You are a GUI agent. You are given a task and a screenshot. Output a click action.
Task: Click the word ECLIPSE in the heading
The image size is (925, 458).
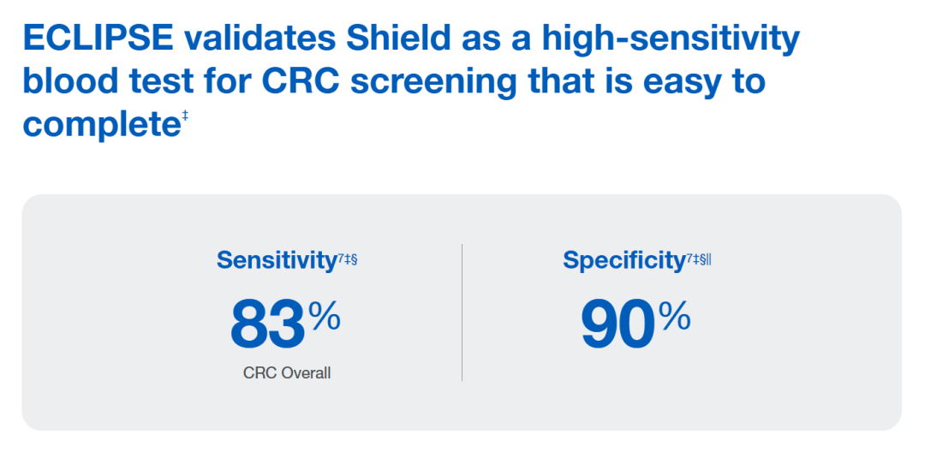point(98,39)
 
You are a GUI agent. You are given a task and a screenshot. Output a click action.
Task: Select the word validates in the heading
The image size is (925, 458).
point(260,39)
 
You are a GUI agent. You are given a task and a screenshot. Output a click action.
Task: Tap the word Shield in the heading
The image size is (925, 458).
point(397,39)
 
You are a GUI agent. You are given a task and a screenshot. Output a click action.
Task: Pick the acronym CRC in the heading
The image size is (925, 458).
point(301,82)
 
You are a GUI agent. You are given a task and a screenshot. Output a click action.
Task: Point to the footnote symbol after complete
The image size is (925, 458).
point(185,116)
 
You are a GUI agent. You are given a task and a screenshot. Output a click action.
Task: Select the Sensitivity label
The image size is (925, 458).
point(276,260)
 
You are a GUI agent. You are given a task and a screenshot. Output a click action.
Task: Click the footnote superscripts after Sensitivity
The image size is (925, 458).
point(347,259)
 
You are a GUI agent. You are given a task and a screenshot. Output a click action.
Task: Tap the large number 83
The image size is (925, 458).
point(267,324)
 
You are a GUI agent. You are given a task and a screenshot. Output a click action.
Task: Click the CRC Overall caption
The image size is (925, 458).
point(287,373)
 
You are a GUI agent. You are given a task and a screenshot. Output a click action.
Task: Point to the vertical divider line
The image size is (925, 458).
point(462,312)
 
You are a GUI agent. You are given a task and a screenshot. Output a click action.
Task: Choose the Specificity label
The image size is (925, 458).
point(624,260)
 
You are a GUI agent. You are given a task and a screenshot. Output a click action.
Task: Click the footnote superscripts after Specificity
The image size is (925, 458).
point(699,259)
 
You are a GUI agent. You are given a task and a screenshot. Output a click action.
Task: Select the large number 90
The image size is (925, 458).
point(618,324)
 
